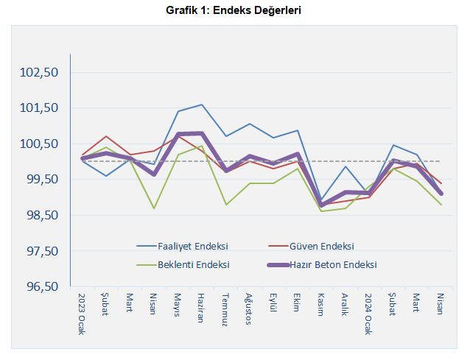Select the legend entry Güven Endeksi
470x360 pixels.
[322, 246]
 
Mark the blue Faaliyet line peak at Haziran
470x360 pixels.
[202, 105]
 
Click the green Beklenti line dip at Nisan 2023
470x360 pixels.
[154, 208]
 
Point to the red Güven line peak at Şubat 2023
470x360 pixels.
[106, 136]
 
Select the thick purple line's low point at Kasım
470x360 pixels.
[321, 205]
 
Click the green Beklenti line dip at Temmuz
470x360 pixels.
[225, 205]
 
